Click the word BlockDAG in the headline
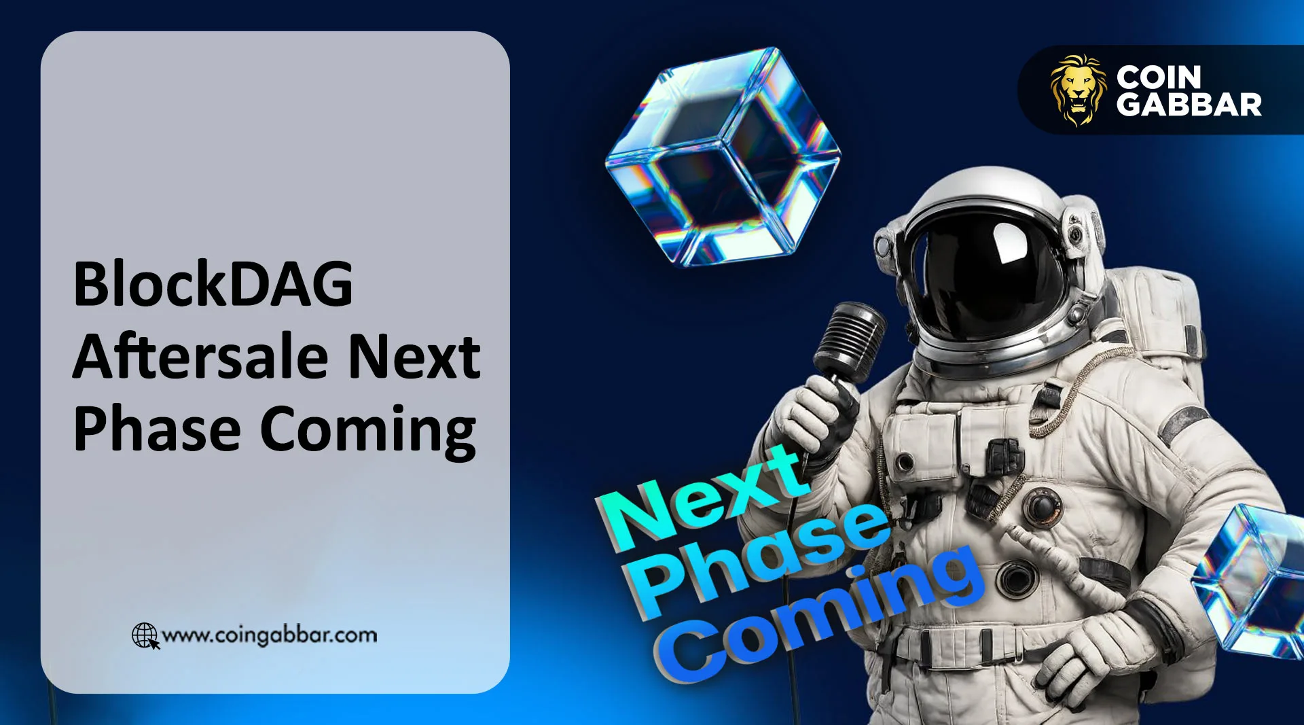[213, 284]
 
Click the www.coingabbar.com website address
[270, 635]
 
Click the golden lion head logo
[1077, 90]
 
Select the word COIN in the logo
[1159, 77]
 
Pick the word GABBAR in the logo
[1189, 105]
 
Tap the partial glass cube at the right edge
[1253, 578]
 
